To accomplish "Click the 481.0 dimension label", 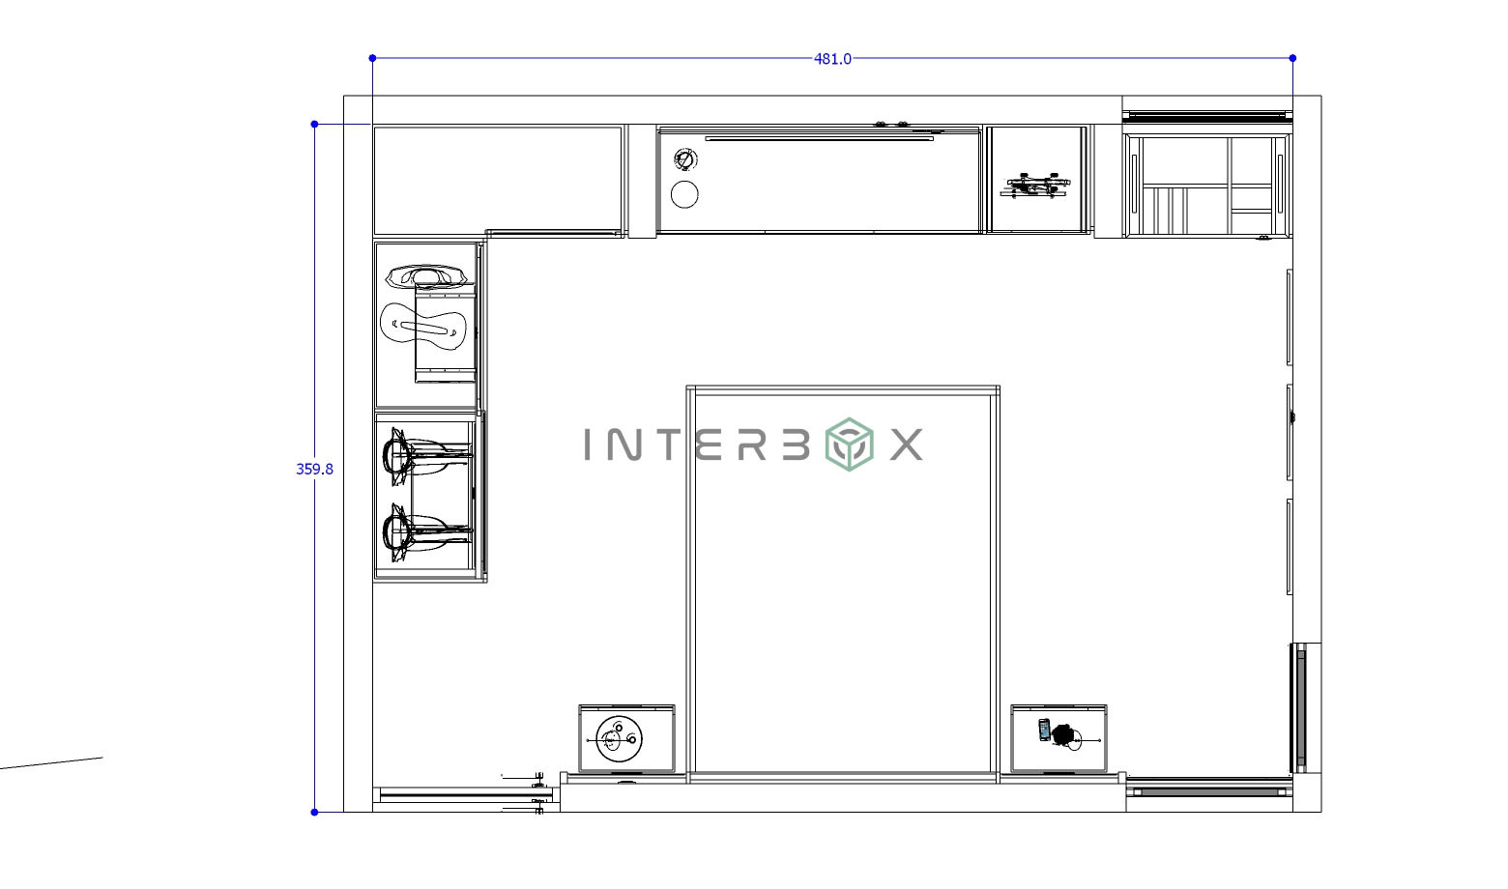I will click(832, 59).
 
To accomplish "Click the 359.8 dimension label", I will click(314, 469).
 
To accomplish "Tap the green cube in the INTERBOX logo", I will click(848, 444).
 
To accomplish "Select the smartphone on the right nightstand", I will click(1044, 730).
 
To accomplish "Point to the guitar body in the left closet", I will click(423, 326).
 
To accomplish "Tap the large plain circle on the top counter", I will click(684, 194).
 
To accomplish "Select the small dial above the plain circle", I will click(684, 159).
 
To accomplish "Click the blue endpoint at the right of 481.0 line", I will click(1292, 58).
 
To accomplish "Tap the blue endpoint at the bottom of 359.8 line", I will click(314, 812).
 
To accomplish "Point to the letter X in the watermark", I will click(906, 444).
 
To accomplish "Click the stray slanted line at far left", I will click(53, 763).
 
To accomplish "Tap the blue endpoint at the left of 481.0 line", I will click(372, 58).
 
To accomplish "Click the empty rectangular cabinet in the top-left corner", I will click(498, 179).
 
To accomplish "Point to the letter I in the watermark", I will click(590, 444).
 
